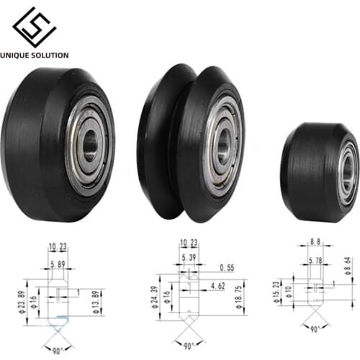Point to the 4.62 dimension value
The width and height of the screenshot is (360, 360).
(216, 287)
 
